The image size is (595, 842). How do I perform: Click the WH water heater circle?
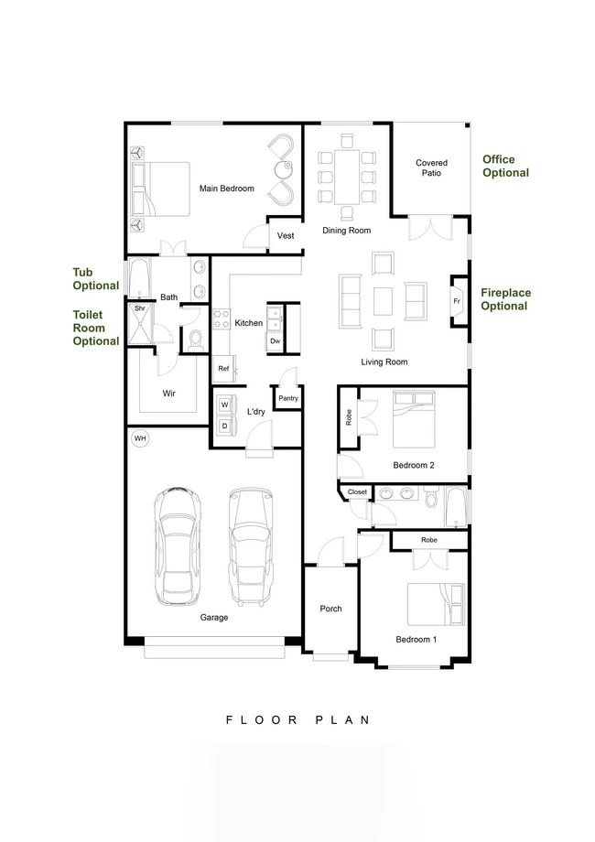[x=140, y=439]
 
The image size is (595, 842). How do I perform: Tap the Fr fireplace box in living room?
[x=457, y=301]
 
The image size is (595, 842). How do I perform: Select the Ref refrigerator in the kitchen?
[x=222, y=368]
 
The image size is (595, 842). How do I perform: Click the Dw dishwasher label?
[x=275, y=340]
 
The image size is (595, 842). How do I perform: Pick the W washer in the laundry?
[x=224, y=405]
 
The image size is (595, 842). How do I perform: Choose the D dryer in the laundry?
[x=224, y=426]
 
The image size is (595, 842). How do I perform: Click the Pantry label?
[x=288, y=398]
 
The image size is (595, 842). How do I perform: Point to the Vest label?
[x=286, y=236]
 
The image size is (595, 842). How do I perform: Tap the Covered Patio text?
[x=431, y=167]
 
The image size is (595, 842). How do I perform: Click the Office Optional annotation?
[x=505, y=166]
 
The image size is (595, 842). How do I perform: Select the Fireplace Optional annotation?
[x=505, y=299]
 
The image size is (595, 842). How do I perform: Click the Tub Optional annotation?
[x=96, y=278]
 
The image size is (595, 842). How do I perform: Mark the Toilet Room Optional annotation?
[x=96, y=328]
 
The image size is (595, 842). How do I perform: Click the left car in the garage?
[x=178, y=545]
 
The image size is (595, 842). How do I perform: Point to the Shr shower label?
[x=140, y=308]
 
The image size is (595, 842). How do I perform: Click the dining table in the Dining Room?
[x=346, y=177]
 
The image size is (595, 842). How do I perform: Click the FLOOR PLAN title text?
[x=297, y=720]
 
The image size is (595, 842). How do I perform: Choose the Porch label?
[x=330, y=609]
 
